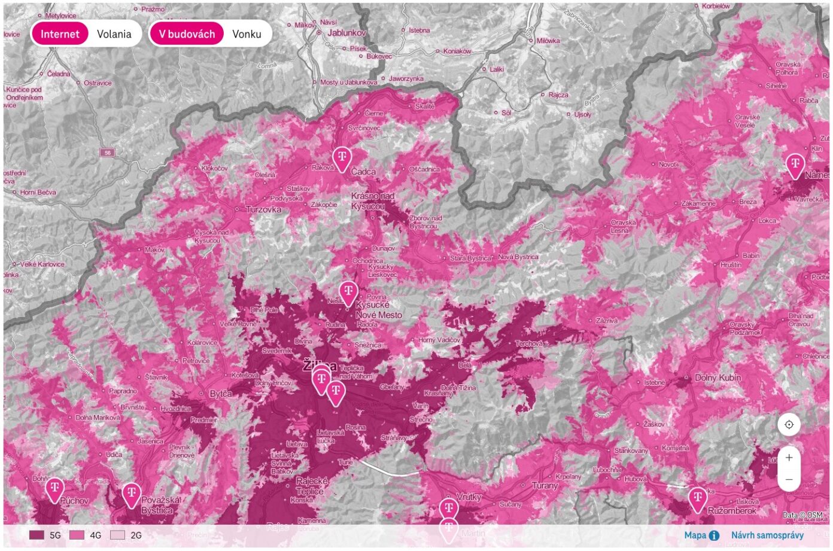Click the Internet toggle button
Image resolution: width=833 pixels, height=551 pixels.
tap(60, 34)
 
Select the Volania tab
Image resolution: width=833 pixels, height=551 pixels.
tap(114, 34)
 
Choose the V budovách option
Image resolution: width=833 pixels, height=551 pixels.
tap(187, 34)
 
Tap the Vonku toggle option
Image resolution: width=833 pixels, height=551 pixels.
tap(247, 34)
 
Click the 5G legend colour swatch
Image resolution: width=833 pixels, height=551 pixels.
tap(37, 535)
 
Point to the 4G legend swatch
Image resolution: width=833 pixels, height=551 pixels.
tap(77, 535)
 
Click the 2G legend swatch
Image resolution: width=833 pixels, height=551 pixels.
tap(118, 535)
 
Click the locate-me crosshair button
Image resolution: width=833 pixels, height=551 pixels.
tap(789, 425)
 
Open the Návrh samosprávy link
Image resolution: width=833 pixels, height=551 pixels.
tap(767, 535)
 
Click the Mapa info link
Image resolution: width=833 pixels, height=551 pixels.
tap(701, 535)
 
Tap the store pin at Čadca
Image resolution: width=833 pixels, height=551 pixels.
tap(342, 159)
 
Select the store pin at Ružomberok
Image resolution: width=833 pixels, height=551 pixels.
tap(697, 499)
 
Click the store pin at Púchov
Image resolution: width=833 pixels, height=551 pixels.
tap(54, 489)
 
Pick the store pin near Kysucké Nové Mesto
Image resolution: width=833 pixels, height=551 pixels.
tap(348, 293)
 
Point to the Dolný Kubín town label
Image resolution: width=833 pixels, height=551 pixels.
tap(718, 378)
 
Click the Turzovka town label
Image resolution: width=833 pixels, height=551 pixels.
tap(263, 210)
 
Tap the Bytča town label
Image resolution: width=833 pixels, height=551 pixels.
tap(221, 395)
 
